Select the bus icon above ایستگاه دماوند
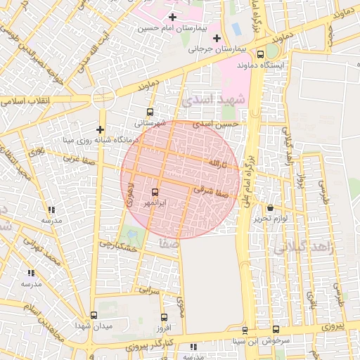pyautogui.click(x=261, y=54)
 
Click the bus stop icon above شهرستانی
pyautogui.click(x=149, y=112)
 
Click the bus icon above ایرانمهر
pyautogui.click(x=155, y=191)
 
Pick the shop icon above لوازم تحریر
pyautogui.click(x=271, y=207)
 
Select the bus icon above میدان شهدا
pyautogui.click(x=94, y=315)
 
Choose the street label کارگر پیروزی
pyautogui.click(x=144, y=347)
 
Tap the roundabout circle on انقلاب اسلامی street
pyautogui.click(x=103, y=98)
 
